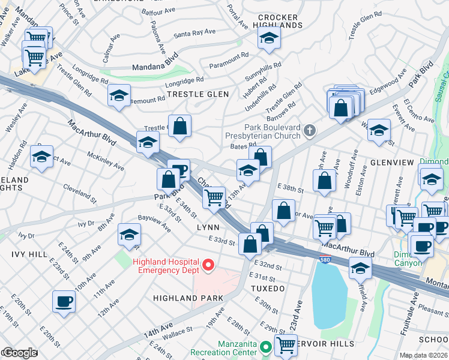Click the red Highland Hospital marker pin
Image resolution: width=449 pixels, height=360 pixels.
[x=208, y=265]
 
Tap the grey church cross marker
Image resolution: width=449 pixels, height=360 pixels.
[x=309, y=131]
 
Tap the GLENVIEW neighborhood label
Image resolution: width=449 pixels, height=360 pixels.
[x=392, y=163]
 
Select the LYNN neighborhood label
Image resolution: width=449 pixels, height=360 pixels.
[x=208, y=228]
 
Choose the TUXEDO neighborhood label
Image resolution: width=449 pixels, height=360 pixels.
[x=268, y=289]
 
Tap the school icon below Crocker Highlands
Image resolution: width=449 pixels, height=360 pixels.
[x=269, y=39]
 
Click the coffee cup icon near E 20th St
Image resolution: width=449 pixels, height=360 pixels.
[x=64, y=302]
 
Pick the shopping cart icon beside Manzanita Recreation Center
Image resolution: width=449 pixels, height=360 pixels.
[x=286, y=345]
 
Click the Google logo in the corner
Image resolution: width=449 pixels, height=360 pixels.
[x=19, y=353]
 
